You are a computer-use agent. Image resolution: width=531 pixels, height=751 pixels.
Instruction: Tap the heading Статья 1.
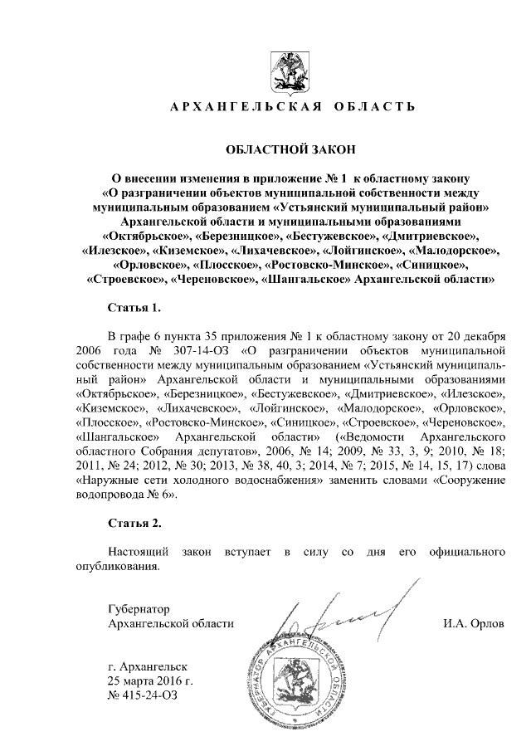coord(134,309)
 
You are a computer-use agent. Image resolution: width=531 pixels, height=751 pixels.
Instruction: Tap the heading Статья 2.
coord(134,524)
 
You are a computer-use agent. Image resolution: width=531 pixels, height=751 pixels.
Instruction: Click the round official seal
coord(308,685)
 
